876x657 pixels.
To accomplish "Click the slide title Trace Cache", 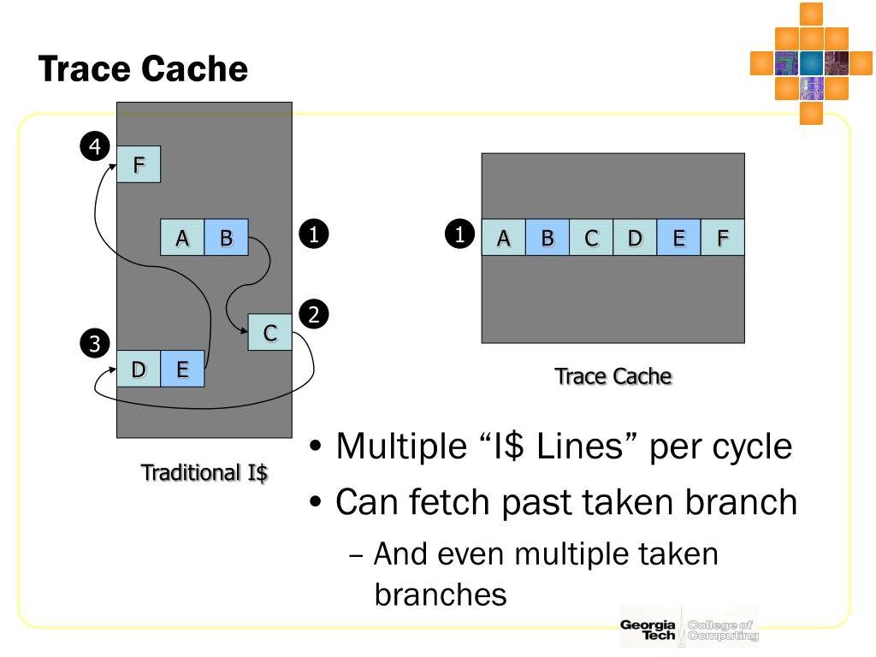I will tap(143, 68).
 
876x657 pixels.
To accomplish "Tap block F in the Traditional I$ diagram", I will tap(139, 164).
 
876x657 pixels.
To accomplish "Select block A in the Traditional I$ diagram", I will tap(182, 238).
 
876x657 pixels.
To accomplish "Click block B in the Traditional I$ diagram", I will tap(226, 238).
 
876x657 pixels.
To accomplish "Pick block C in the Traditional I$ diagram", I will tap(269, 333).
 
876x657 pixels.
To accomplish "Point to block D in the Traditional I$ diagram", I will tap(139, 369).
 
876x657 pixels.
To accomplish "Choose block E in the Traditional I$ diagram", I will tap(182, 369).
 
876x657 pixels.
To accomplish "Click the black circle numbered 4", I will tap(93, 147).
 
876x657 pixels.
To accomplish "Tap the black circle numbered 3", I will tap(93, 344).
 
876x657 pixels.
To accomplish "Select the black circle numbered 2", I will tap(314, 315).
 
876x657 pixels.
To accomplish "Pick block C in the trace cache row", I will tap(591, 238).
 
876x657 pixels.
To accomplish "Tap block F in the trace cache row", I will tap(722, 238).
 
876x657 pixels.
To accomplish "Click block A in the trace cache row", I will tap(504, 238).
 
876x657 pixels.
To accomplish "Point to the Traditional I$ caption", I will tap(204, 472).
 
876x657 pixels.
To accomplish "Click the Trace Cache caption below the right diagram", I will tap(613, 376).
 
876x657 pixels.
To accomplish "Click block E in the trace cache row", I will tap(678, 238).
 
